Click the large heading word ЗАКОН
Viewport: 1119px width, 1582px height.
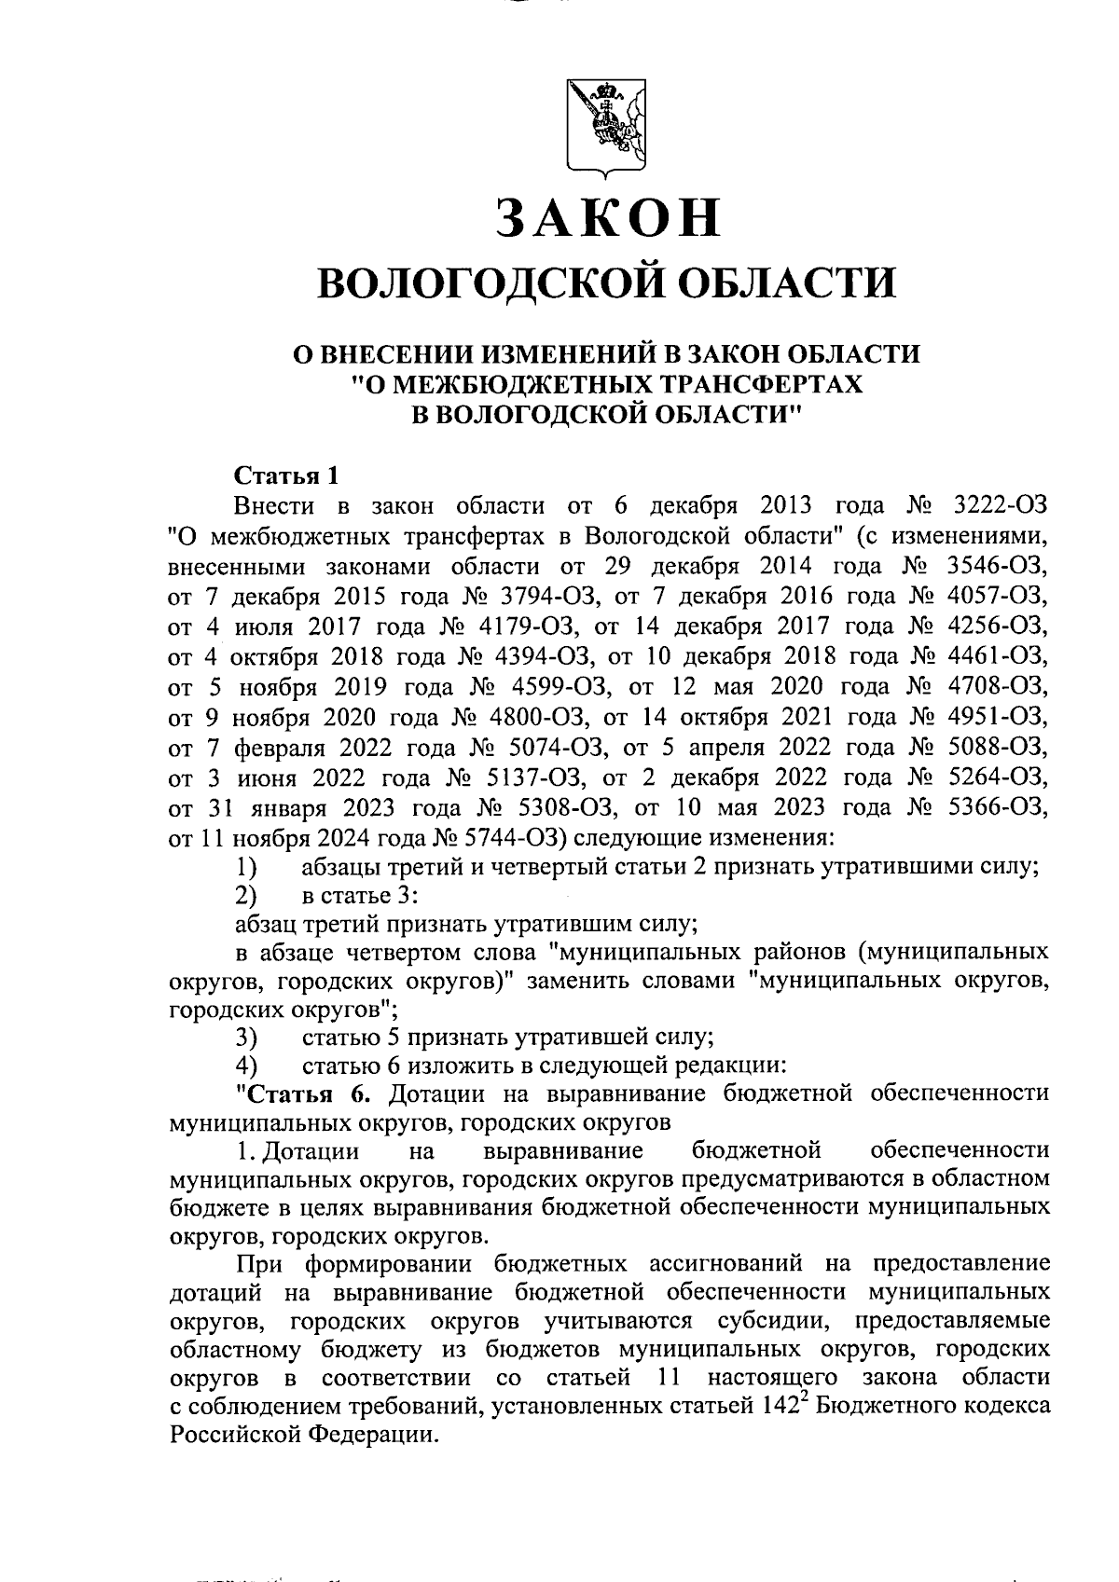[x=608, y=218]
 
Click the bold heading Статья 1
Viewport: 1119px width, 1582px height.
[x=283, y=475]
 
